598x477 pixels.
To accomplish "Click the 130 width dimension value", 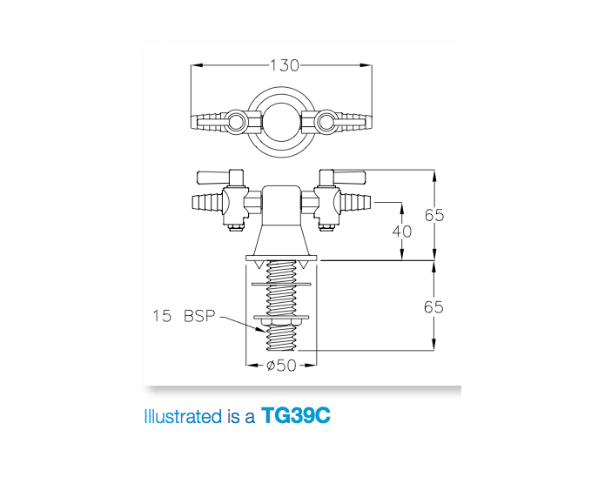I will click(x=284, y=65).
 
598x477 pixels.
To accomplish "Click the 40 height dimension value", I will click(x=401, y=232).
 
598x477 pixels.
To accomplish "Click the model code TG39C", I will click(x=296, y=416).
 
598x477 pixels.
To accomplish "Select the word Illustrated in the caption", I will click(x=183, y=417).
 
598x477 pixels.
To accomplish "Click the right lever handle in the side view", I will click(x=346, y=178).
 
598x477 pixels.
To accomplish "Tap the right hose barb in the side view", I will click(x=357, y=205).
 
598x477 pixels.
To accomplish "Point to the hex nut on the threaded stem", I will click(x=282, y=328).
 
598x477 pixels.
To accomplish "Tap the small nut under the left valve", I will click(x=234, y=228).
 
